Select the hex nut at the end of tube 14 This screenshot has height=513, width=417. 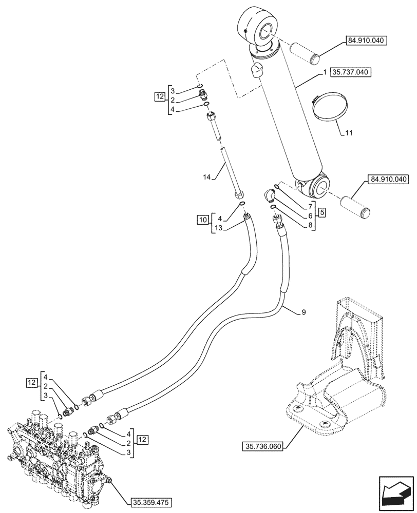[239, 195]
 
